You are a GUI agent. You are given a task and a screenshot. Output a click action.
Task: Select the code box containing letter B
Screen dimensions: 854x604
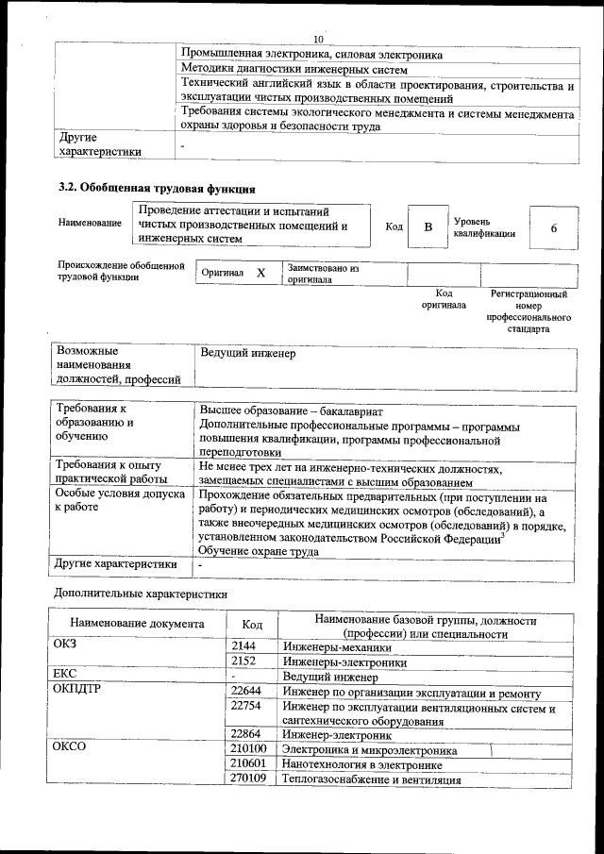[x=428, y=227]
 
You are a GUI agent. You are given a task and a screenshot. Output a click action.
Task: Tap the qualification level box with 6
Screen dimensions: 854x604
[x=553, y=228]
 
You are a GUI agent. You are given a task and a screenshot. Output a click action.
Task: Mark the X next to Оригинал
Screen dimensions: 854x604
[x=260, y=273]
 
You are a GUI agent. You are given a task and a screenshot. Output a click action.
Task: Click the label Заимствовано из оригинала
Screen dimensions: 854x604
[x=324, y=274]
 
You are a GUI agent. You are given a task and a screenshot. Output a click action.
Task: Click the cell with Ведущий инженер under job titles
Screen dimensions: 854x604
[x=248, y=354]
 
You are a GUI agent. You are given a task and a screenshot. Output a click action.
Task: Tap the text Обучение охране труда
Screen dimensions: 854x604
[x=251, y=551]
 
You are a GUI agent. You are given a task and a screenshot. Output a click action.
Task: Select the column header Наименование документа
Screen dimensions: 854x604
[x=137, y=624]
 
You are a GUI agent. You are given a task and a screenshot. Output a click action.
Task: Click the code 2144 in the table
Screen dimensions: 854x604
[x=245, y=646]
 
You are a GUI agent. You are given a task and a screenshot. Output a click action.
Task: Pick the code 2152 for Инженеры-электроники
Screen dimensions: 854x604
[x=245, y=661]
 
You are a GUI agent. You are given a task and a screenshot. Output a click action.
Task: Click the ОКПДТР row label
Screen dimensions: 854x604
[x=78, y=692]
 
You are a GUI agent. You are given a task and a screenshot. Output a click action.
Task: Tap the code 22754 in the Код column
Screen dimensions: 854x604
[x=246, y=706]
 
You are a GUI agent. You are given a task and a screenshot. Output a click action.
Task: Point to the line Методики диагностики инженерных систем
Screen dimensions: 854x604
[x=294, y=70]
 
